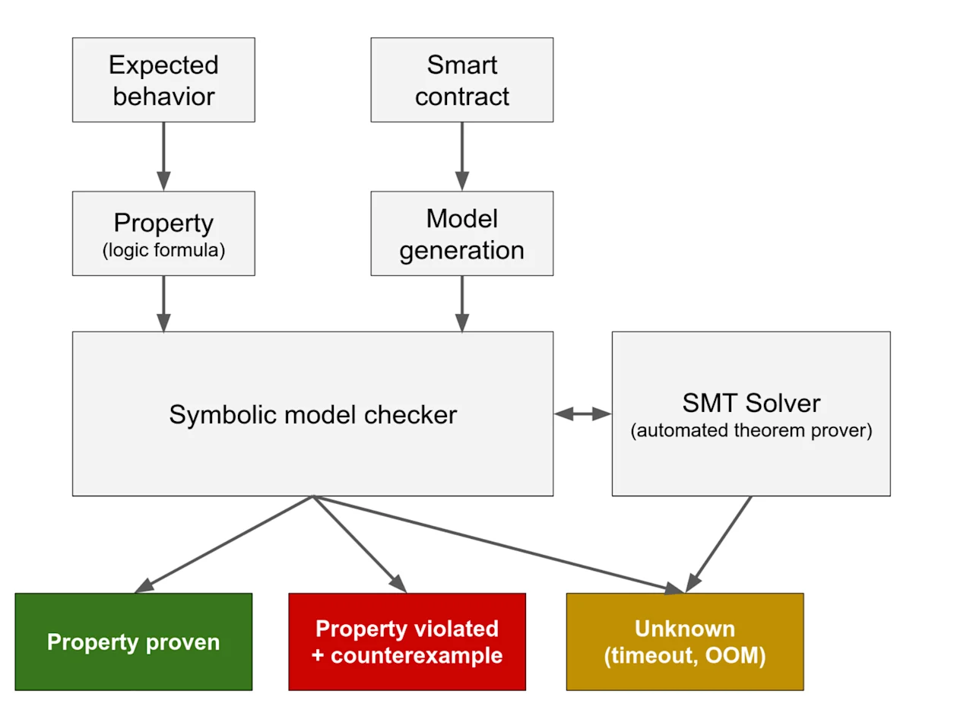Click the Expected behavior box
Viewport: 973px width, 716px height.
[163, 80]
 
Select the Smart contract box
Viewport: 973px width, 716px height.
[462, 80]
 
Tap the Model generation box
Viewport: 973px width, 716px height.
[462, 233]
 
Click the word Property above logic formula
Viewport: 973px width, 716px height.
[163, 223]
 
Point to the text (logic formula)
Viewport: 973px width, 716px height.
[163, 250]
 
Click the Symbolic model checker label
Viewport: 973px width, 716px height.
[312, 415]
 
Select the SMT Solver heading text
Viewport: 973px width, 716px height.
[752, 403]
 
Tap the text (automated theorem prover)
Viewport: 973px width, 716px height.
[752, 430]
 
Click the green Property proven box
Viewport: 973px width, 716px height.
[134, 642]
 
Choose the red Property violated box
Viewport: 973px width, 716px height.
[407, 642]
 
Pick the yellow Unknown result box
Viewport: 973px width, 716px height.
[685, 642]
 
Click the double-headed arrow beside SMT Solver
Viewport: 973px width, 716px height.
[583, 414]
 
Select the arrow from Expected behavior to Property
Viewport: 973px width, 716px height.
[163, 157]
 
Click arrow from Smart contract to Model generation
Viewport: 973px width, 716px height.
[462, 157]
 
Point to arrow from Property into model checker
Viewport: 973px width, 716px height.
[163, 304]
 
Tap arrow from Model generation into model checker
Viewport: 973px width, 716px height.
[462, 304]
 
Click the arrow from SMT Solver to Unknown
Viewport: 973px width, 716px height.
[718, 544]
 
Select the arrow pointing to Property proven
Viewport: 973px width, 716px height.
[223, 544]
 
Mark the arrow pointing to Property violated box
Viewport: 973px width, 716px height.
[360, 544]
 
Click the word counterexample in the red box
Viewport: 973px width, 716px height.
[417, 656]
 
